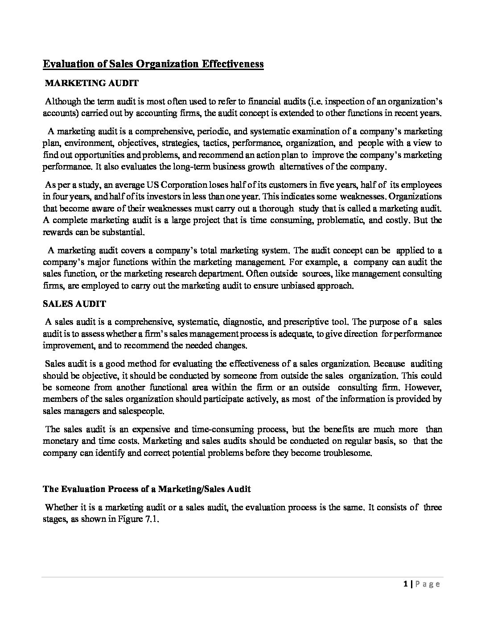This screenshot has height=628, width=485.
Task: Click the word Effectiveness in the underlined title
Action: [233, 64]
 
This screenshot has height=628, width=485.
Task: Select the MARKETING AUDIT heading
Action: [92, 83]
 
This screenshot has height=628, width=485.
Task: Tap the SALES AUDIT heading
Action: [74, 304]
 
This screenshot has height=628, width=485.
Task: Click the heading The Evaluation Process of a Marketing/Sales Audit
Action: [147, 489]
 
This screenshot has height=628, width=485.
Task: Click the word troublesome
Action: [348, 453]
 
